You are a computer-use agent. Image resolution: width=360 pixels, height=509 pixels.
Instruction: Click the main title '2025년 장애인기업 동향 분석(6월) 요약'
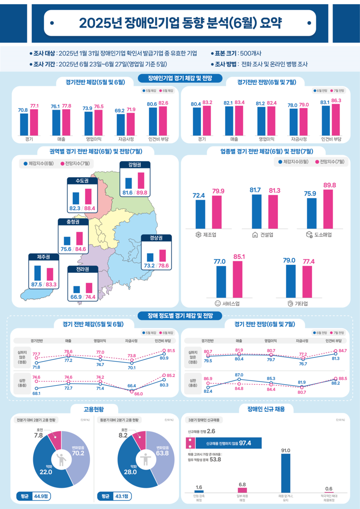[180, 23]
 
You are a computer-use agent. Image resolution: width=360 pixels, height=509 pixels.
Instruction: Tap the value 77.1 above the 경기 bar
[34, 105]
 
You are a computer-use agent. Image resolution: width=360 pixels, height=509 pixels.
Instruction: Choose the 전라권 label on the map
[83, 270]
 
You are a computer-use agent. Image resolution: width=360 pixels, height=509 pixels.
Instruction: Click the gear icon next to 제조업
[198, 235]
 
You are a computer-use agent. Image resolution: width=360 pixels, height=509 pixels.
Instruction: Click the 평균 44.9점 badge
[33, 496]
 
